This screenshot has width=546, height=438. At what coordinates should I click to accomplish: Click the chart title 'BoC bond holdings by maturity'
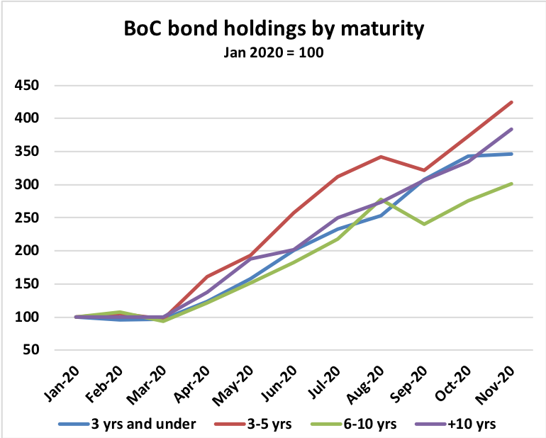point(274,29)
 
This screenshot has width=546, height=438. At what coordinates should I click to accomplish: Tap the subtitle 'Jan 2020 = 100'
point(274,52)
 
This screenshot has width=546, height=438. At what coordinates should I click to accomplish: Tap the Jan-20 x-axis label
point(70,378)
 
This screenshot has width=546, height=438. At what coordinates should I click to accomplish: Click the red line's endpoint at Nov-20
point(512,102)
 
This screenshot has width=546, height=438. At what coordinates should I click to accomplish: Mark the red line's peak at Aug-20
point(381,157)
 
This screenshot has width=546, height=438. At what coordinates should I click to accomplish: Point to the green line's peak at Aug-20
point(381,199)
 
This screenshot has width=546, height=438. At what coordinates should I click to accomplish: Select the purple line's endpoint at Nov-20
point(512,129)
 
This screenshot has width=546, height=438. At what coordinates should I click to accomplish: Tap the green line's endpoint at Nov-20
point(512,184)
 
